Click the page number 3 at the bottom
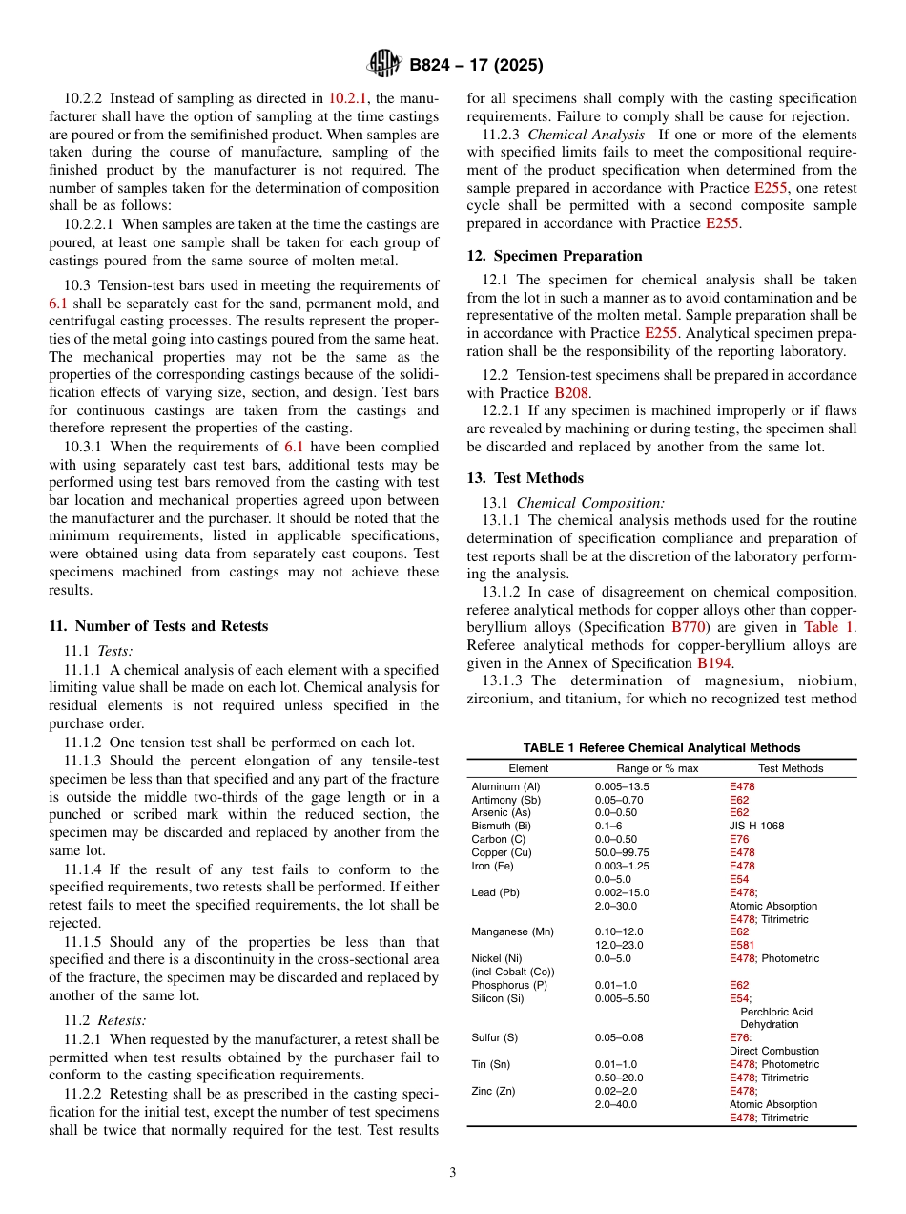point(453,1173)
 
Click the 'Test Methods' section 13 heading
point(539,478)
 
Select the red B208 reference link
point(572,392)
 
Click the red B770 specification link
point(689,627)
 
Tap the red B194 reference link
point(713,662)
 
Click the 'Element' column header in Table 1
point(528,768)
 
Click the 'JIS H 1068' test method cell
point(757,826)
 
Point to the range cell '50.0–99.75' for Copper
point(622,852)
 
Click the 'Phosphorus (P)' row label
point(510,985)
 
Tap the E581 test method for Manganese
point(741,945)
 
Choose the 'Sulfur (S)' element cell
point(496,1037)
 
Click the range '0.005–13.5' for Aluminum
point(622,786)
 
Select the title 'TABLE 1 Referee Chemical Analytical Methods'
point(661,748)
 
